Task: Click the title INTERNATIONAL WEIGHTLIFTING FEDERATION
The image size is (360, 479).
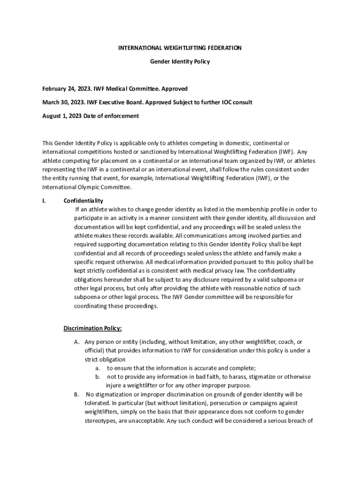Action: coord(180,48)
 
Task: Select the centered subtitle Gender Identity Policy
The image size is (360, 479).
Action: coord(180,62)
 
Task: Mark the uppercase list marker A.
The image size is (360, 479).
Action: coord(77,341)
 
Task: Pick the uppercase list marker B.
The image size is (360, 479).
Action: coord(77,394)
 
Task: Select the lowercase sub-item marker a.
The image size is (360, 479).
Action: coord(98,368)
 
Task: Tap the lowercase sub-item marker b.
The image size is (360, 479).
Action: coord(98,377)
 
